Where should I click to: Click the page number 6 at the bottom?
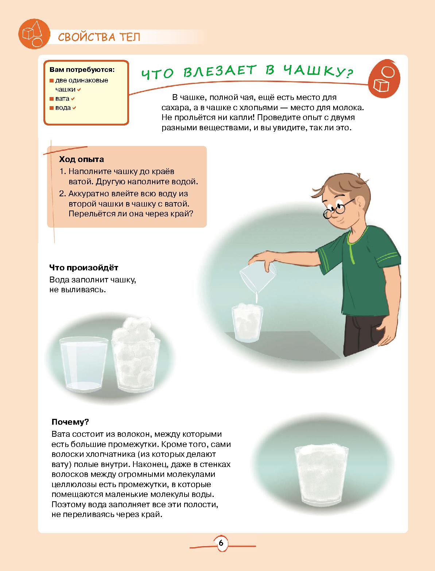pyautogui.click(x=221, y=543)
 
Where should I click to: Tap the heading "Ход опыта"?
pyautogui.click(x=82, y=159)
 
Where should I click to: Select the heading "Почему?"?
pyautogui.click(x=70, y=422)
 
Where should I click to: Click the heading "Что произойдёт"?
pyautogui.click(x=83, y=267)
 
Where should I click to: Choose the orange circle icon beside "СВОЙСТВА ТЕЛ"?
pyautogui.click(x=34, y=34)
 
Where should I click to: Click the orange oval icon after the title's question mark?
pyautogui.click(x=384, y=79)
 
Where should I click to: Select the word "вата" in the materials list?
pyautogui.click(x=62, y=99)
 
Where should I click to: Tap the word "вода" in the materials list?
pyautogui.click(x=63, y=108)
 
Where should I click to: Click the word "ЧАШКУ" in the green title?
pyautogui.click(x=314, y=70)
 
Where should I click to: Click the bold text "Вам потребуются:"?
pyautogui.click(x=82, y=70)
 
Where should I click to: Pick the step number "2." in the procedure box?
pyautogui.click(x=62, y=193)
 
